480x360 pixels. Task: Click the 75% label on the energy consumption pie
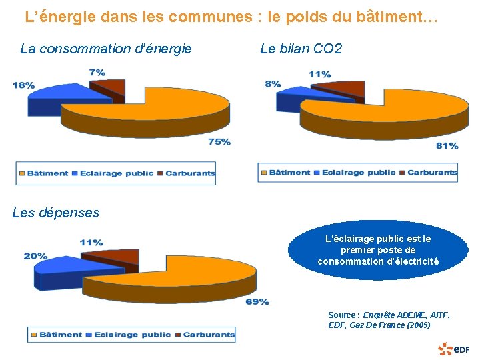tap(219, 141)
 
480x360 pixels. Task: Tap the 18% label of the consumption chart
tap(23, 85)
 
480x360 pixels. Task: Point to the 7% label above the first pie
tap(97, 72)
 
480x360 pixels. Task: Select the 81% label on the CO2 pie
tap(447, 145)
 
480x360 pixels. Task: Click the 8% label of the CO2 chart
tap(273, 84)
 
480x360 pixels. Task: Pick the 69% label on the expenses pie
tap(257, 302)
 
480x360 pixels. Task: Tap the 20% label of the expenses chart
tap(35, 256)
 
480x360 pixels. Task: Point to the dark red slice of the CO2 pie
tap(340, 89)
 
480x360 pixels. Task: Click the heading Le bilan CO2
tap(301, 49)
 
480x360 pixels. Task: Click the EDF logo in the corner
tap(454, 348)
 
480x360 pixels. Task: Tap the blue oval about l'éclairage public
tap(378, 250)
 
